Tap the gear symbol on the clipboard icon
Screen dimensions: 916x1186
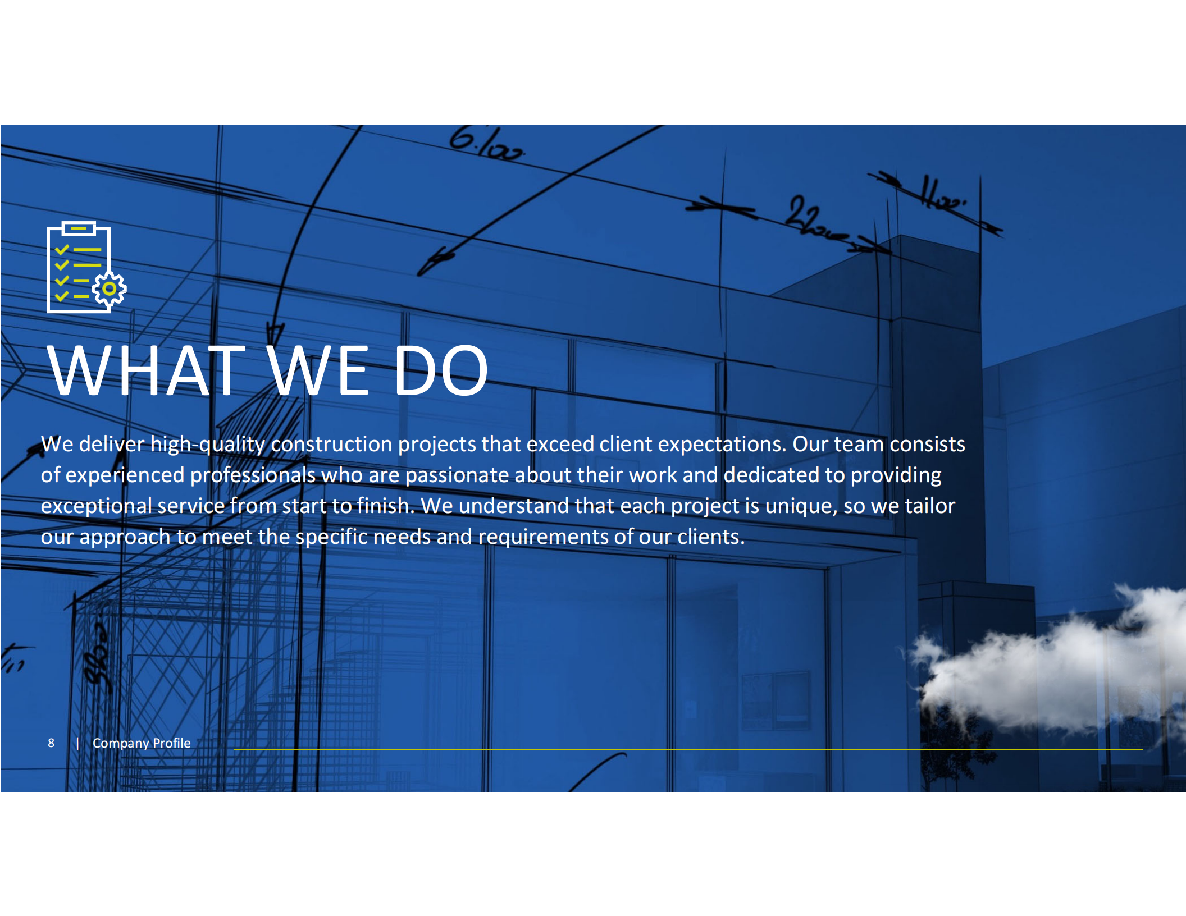pos(110,289)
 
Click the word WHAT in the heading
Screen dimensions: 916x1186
pos(146,371)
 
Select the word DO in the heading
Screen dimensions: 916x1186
pos(441,371)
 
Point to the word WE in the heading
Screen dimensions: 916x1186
pos(318,371)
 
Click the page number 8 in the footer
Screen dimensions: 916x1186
pos(51,743)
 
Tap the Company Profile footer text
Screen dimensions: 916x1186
pos(142,743)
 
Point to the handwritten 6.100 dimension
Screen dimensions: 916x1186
pos(486,144)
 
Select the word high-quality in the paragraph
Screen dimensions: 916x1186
pos(208,445)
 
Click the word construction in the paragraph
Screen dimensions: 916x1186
pos(332,445)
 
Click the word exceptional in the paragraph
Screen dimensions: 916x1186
pos(96,506)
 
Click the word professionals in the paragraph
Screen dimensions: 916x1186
pos(253,475)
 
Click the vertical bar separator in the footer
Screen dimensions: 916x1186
pos(77,743)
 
